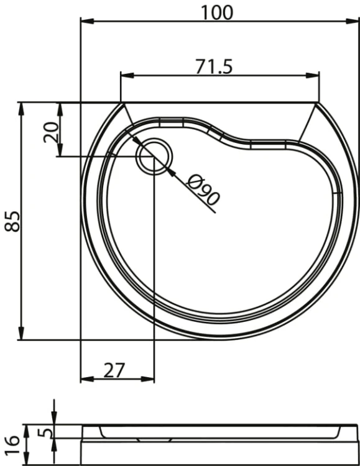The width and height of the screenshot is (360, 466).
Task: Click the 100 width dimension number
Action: [217, 12]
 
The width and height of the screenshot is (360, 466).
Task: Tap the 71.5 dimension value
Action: [214, 66]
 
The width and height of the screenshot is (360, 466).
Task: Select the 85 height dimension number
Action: [13, 221]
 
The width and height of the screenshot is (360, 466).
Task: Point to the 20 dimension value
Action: [51, 132]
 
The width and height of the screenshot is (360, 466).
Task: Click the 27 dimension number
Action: [114, 370]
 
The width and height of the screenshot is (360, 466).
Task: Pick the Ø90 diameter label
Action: [203, 190]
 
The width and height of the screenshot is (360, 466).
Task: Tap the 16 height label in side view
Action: [13, 445]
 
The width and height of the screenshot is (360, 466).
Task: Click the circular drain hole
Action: [154, 157]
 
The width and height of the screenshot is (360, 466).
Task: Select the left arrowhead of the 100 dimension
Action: [88, 21]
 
